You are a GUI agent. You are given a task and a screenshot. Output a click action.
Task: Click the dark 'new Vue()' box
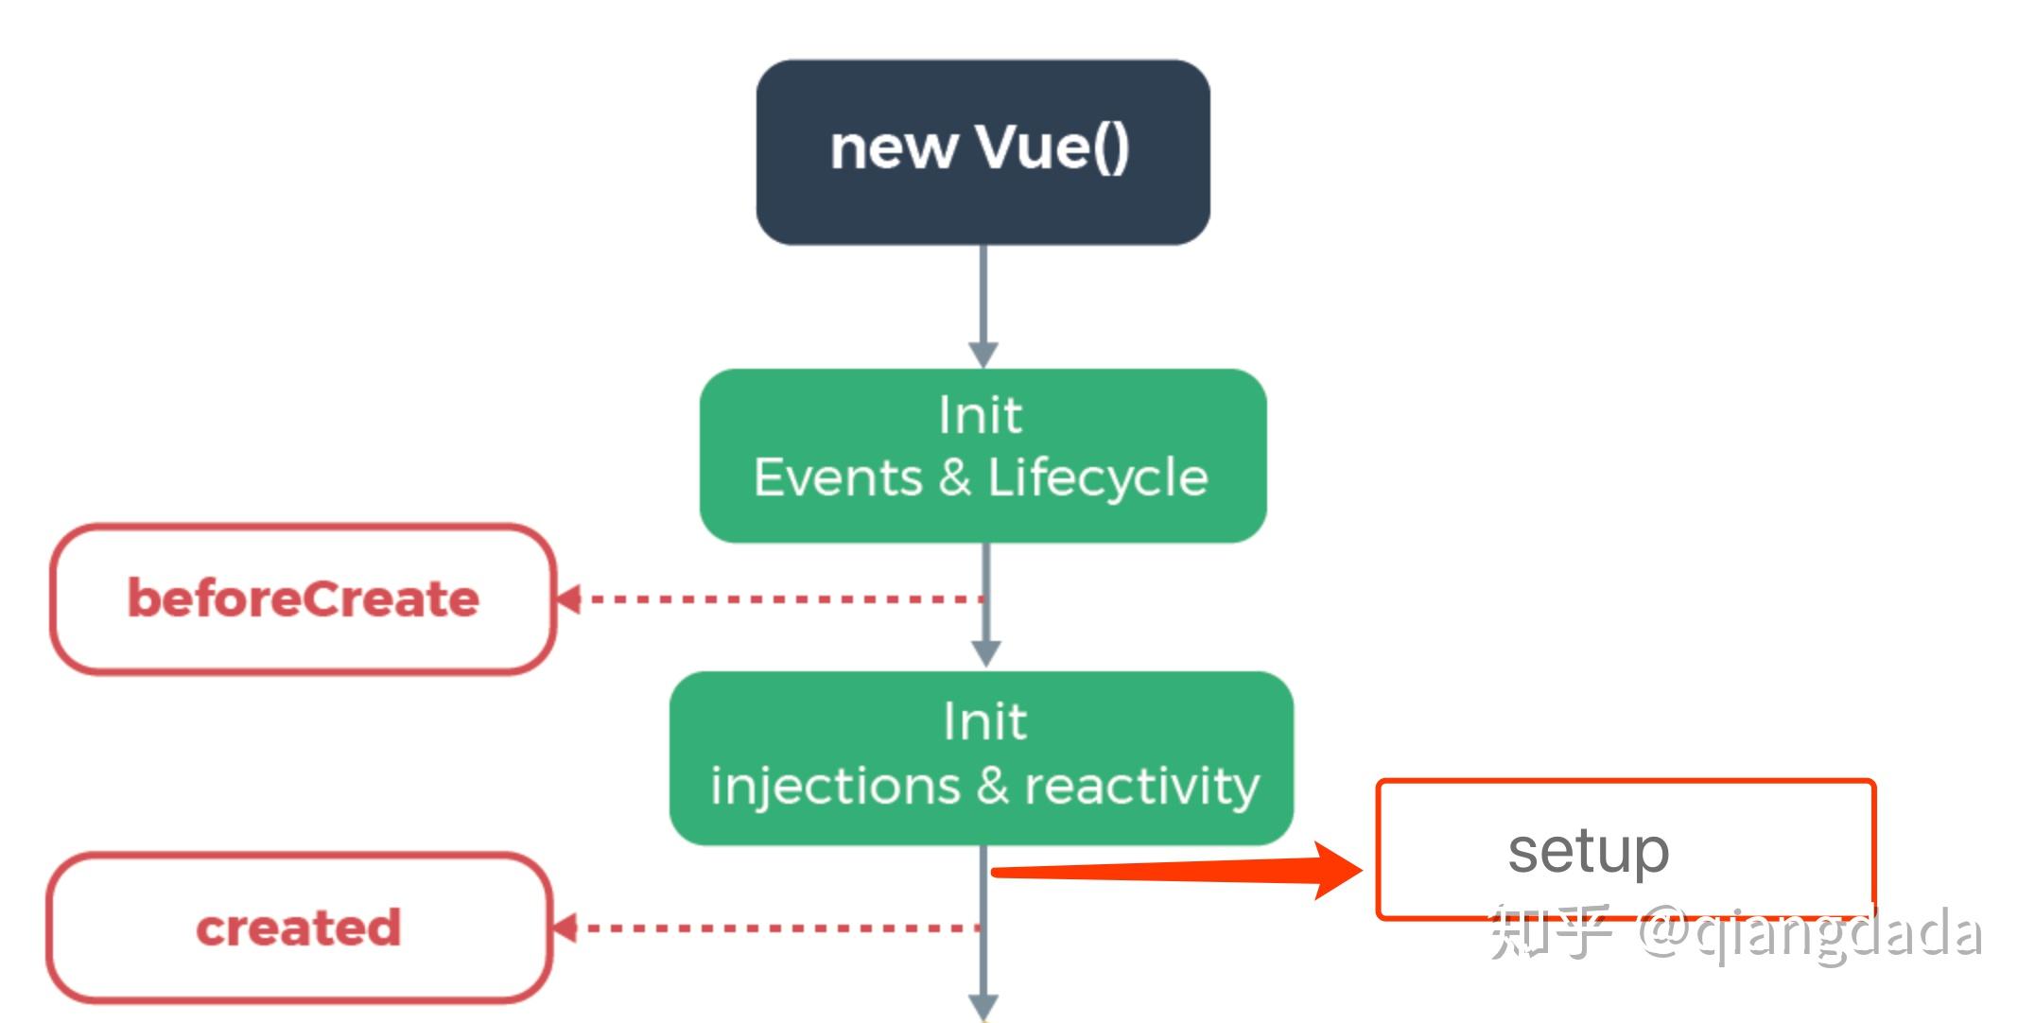click(x=983, y=152)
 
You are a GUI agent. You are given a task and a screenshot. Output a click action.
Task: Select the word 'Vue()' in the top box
click(x=1052, y=148)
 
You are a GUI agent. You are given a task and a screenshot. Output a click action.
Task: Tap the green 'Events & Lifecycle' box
click(x=983, y=456)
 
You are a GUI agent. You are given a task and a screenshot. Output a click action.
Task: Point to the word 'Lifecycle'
click(x=1098, y=478)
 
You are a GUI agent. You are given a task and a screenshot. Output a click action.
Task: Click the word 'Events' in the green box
click(x=838, y=477)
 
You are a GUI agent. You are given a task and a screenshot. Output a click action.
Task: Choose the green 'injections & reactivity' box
click(x=982, y=758)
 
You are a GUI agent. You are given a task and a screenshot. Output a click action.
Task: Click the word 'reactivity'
click(x=1142, y=787)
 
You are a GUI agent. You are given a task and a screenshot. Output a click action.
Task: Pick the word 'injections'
click(x=835, y=787)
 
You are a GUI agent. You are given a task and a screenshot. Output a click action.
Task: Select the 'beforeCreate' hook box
click(x=303, y=599)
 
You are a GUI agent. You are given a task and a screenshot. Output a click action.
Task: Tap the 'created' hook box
click(x=299, y=928)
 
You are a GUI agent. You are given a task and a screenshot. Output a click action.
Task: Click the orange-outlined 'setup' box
click(x=1626, y=849)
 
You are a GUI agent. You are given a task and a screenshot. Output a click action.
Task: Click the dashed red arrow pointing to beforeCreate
click(x=770, y=598)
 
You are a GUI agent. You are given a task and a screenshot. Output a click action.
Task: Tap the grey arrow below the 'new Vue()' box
click(x=983, y=306)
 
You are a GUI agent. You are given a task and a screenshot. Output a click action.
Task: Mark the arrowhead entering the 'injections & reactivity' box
click(x=986, y=653)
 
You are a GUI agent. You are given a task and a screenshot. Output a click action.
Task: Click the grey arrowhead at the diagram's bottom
click(x=983, y=1008)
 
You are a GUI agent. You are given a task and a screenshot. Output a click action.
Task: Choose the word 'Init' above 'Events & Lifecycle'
click(x=981, y=415)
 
